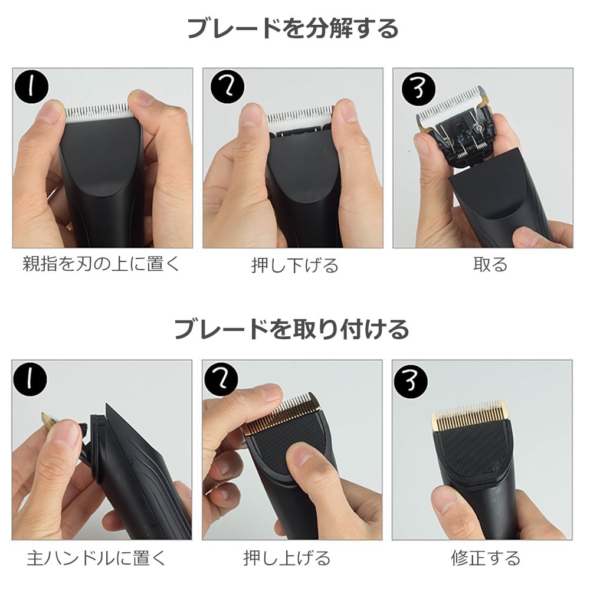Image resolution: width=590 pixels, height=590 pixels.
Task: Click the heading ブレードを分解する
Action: [293, 28]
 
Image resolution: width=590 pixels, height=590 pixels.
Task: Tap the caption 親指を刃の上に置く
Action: [101, 264]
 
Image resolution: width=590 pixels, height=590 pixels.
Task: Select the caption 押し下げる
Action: [295, 265]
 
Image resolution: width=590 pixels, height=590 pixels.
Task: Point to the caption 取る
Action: [490, 264]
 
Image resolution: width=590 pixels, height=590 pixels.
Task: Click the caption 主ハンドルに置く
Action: [97, 558]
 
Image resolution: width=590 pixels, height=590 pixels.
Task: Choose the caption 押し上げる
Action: [287, 558]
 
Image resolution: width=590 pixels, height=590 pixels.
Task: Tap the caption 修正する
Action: [486, 558]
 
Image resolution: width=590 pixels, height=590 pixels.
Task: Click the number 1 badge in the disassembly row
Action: [32, 86]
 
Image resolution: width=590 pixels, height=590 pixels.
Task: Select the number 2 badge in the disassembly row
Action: [227, 87]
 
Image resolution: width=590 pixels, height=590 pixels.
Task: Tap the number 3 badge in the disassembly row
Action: [418, 90]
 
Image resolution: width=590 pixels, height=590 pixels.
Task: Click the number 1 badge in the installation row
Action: [31, 379]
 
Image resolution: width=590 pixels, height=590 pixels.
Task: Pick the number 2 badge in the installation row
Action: [221, 379]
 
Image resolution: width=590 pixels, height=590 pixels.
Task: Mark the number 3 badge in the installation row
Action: [411, 381]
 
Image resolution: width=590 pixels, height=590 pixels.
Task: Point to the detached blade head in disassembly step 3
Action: [455, 126]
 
